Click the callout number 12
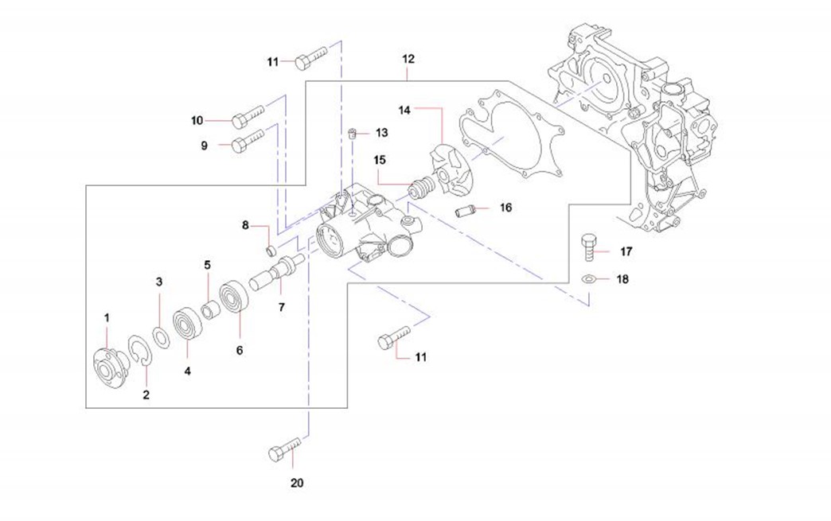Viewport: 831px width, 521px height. [x=408, y=59]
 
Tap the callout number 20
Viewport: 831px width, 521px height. [x=297, y=483]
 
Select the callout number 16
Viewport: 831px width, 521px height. [x=506, y=208]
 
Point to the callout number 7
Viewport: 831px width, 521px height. [x=281, y=306]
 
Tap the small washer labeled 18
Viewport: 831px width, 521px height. [x=588, y=279]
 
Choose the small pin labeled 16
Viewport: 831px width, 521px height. [x=465, y=212]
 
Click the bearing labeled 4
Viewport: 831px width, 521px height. [x=188, y=324]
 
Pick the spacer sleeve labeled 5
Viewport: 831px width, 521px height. [x=211, y=309]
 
